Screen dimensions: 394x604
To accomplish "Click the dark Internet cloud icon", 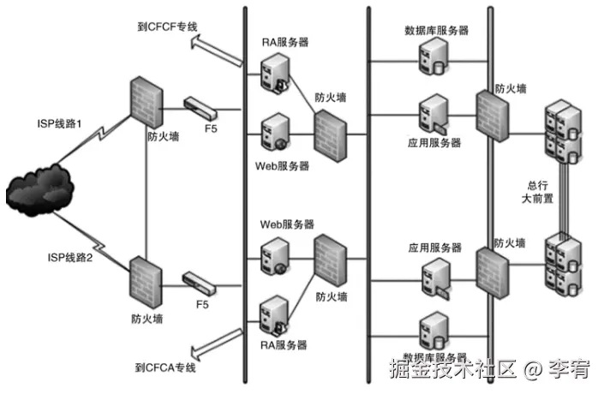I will pos(39,189).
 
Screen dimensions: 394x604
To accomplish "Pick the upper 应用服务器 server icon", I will pos(431,115).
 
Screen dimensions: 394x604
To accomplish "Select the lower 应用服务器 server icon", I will pos(431,278).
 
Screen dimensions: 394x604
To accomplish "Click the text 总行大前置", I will pos(540,192).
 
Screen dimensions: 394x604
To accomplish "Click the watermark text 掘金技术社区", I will pos(453,370).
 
